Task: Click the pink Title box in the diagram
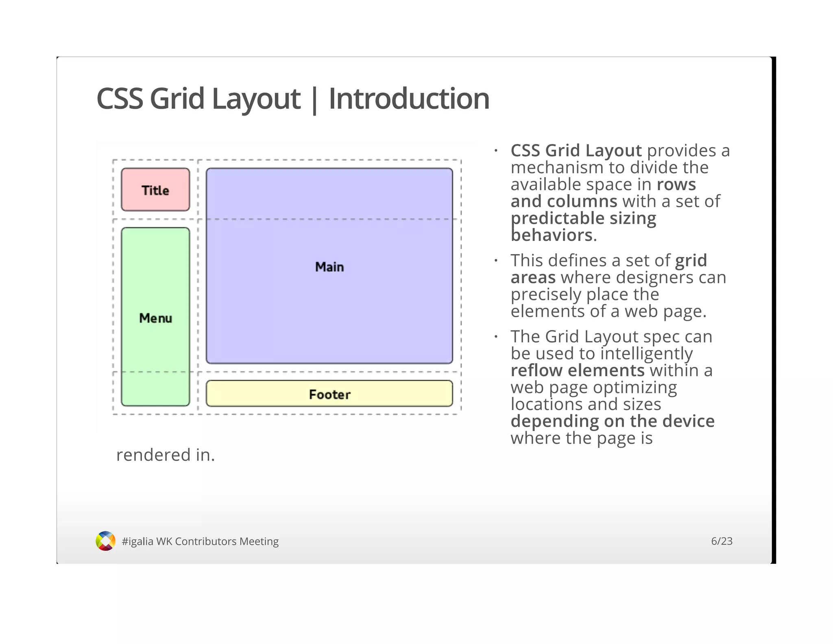[155, 190]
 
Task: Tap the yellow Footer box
[329, 394]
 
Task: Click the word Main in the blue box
[329, 267]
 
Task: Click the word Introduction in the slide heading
[409, 99]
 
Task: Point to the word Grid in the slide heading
[177, 99]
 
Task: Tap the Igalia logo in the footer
[105, 541]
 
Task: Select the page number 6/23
[722, 541]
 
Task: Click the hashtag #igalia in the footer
[137, 541]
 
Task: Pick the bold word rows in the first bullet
[676, 185]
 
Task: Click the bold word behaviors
[552, 235]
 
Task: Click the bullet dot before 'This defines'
[496, 261]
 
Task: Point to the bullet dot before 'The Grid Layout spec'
[496, 337]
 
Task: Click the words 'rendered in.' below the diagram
[165, 455]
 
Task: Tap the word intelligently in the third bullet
[646, 354]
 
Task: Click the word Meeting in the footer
[259, 541]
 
